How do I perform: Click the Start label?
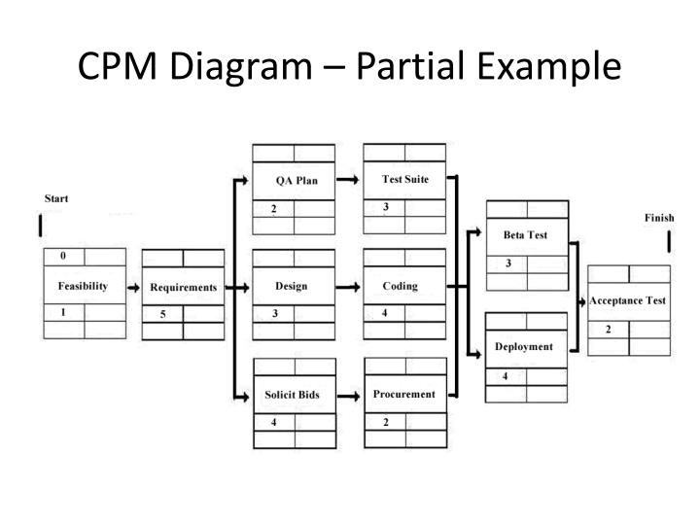click(56, 199)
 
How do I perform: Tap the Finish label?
click(659, 218)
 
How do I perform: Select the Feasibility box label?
click(83, 287)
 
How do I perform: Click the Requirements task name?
click(183, 288)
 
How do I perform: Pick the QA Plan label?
click(297, 180)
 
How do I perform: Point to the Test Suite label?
click(405, 179)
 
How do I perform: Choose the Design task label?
click(291, 286)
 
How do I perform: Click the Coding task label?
click(400, 286)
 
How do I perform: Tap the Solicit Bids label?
click(292, 395)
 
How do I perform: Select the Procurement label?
click(403, 394)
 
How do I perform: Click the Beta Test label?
click(525, 234)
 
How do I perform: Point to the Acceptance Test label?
click(628, 300)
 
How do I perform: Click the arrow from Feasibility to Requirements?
click(133, 288)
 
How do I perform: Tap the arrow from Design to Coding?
click(348, 287)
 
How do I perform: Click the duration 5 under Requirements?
click(162, 314)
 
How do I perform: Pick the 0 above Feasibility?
click(63, 256)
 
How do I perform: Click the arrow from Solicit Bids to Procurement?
click(349, 395)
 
